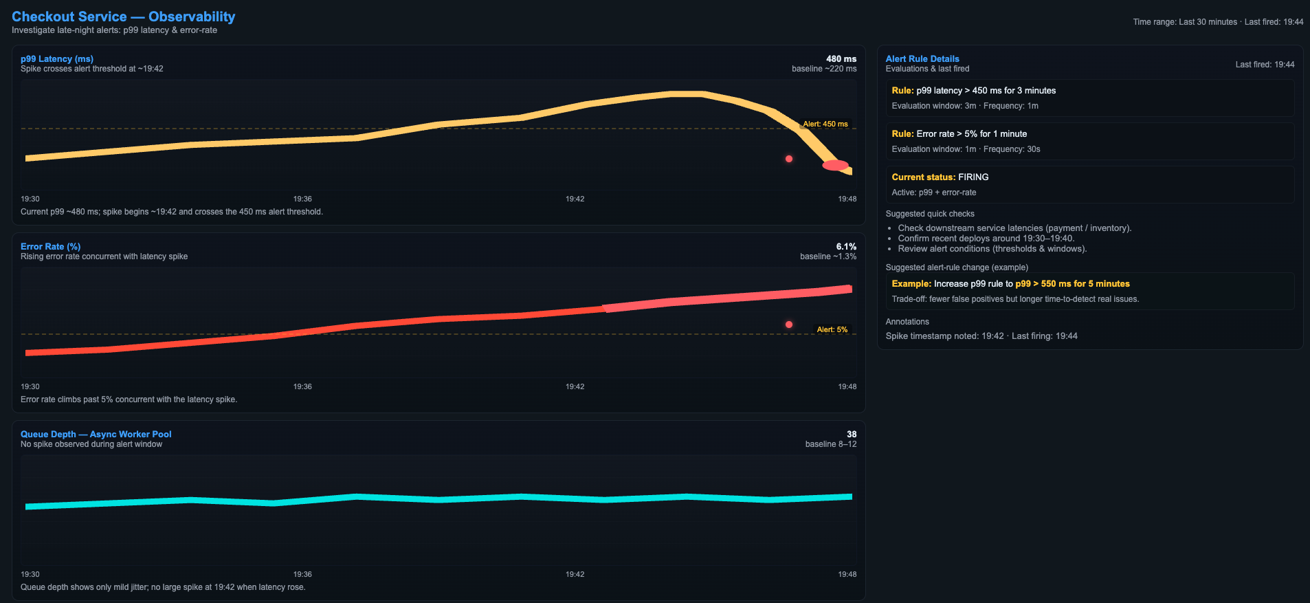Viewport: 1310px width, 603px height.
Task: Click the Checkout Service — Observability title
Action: click(x=123, y=17)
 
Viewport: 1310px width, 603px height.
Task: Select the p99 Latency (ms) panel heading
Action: click(x=57, y=58)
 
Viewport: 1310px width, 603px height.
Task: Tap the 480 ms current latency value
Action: click(x=841, y=58)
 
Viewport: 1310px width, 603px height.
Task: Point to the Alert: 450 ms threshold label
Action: click(x=825, y=124)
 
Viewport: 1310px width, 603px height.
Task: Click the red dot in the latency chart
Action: click(x=789, y=159)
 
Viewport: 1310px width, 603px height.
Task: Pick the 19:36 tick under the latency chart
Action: click(x=302, y=199)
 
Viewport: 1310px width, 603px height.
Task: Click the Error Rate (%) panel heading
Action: click(x=50, y=246)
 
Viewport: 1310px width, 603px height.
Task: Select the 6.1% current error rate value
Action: click(x=846, y=246)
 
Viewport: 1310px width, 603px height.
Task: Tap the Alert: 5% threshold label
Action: click(x=832, y=329)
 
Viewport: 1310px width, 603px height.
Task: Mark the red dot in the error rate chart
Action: click(x=789, y=325)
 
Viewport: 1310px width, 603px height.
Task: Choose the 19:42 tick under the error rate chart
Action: click(x=575, y=386)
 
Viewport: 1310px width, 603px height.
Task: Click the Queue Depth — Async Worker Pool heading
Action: click(x=96, y=434)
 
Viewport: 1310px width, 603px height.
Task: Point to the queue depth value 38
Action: click(x=852, y=434)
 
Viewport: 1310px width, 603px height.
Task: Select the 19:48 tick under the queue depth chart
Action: click(x=847, y=574)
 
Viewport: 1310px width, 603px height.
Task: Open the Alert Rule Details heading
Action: click(x=922, y=58)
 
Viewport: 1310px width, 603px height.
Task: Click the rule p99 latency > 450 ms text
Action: click(x=973, y=90)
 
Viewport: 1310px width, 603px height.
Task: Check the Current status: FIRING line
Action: click(x=940, y=177)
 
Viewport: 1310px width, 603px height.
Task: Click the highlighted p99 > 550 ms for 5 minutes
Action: click(x=1072, y=283)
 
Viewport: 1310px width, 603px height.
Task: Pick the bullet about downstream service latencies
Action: click(x=1014, y=228)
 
